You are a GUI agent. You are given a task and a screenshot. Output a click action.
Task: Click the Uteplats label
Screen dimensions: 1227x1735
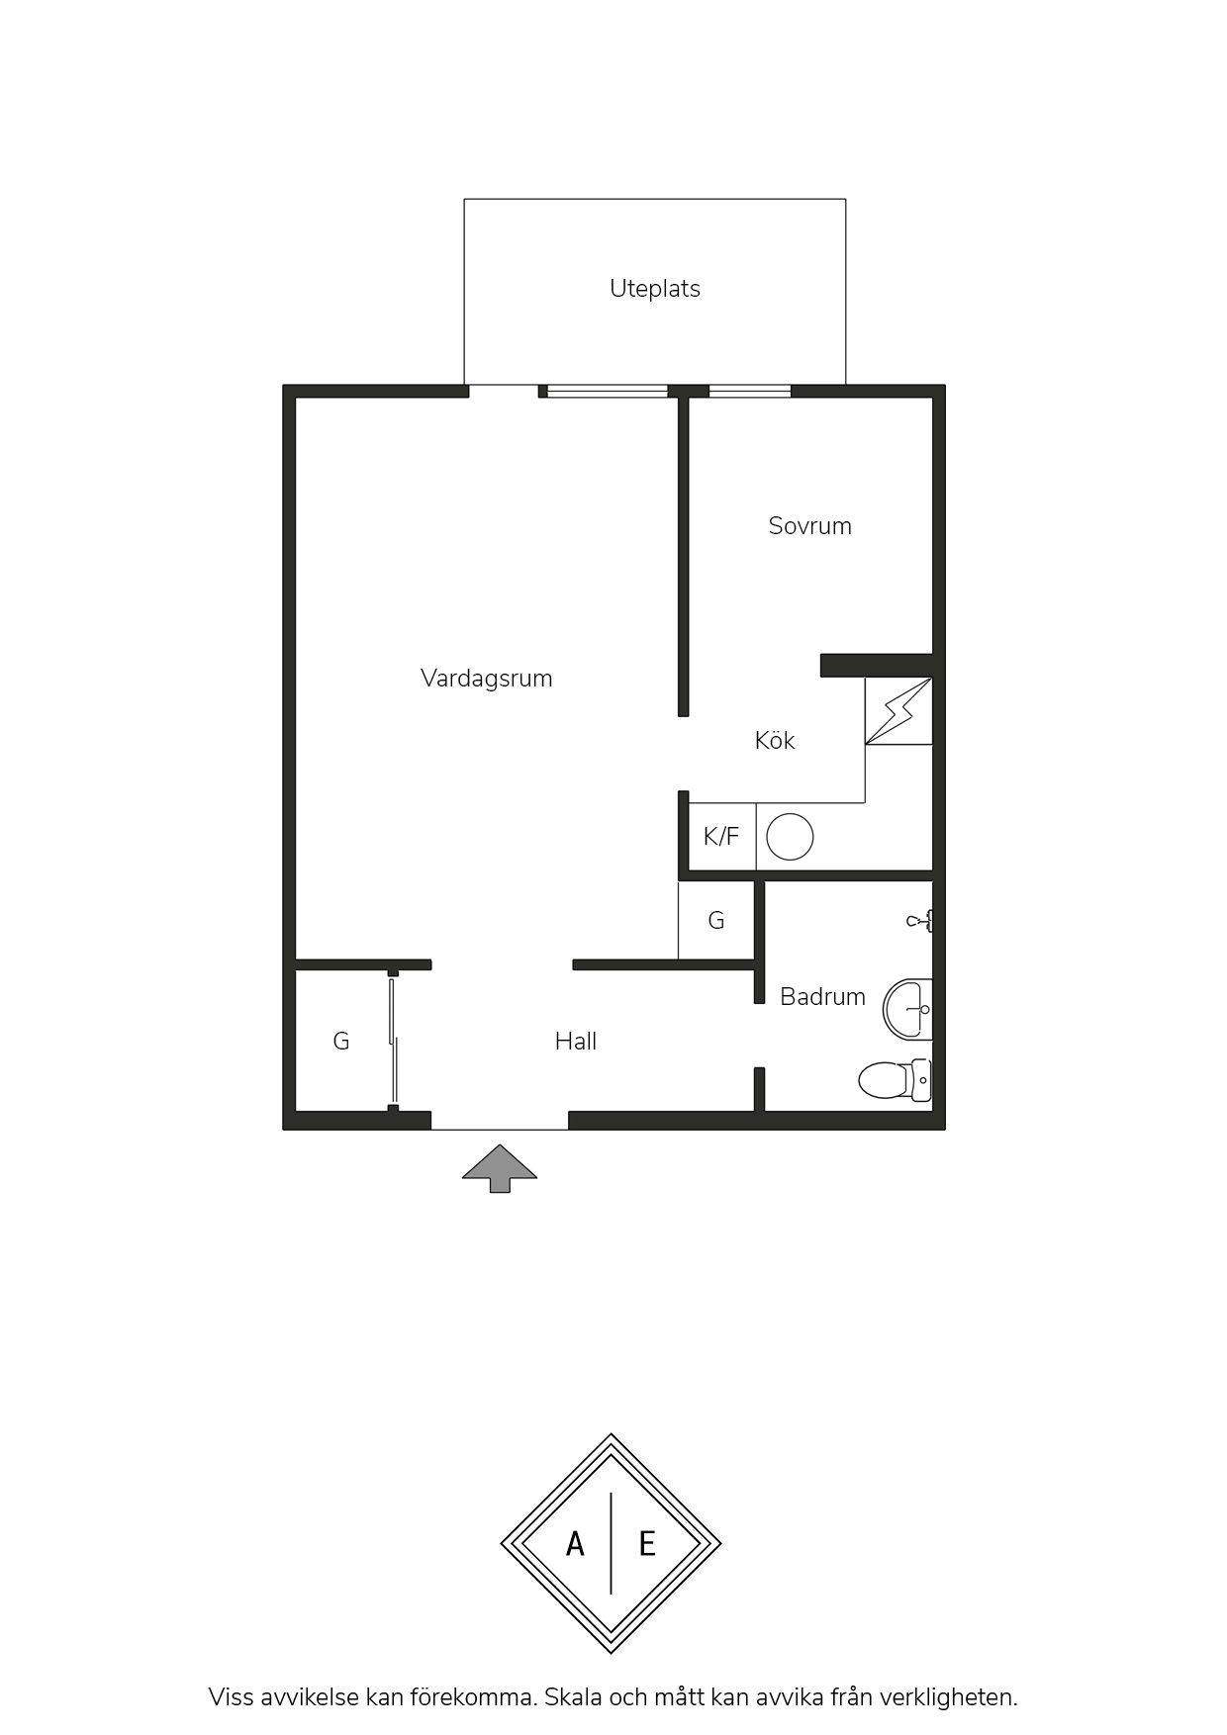point(655,289)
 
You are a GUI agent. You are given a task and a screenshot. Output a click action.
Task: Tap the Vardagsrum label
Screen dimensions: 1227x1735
point(486,679)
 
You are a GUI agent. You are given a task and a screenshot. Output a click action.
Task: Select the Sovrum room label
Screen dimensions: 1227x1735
point(809,525)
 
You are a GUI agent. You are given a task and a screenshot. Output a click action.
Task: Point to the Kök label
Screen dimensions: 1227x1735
point(774,740)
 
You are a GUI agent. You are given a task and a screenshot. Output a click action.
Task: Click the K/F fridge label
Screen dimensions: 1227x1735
point(720,837)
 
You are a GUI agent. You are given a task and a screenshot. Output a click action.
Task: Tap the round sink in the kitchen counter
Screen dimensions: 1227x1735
point(790,837)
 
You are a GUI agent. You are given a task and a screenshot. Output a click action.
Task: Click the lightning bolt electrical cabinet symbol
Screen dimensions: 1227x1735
point(898,710)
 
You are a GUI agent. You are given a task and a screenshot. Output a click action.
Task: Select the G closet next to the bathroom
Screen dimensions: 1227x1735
point(716,921)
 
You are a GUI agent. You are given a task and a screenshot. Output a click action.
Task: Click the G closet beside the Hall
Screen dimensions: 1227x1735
point(340,1041)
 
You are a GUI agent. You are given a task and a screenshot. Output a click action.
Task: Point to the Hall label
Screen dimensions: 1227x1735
point(575,1041)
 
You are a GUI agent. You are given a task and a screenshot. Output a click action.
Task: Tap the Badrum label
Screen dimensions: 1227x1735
point(822,996)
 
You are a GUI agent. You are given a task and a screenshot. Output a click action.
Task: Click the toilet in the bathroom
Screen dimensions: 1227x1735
point(895,1079)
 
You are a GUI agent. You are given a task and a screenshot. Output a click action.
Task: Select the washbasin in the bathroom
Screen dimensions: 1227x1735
point(907,1009)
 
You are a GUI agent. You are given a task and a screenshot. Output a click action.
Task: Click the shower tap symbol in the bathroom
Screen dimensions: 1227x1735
point(919,921)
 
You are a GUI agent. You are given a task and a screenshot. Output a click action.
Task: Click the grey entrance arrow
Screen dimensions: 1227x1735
point(500,1168)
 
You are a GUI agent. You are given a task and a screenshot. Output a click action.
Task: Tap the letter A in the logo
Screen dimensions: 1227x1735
point(575,1544)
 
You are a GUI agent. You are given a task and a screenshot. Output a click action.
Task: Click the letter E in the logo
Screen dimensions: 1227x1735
point(647,1544)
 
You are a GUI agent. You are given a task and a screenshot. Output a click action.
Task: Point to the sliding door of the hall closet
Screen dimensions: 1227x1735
point(394,1041)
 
